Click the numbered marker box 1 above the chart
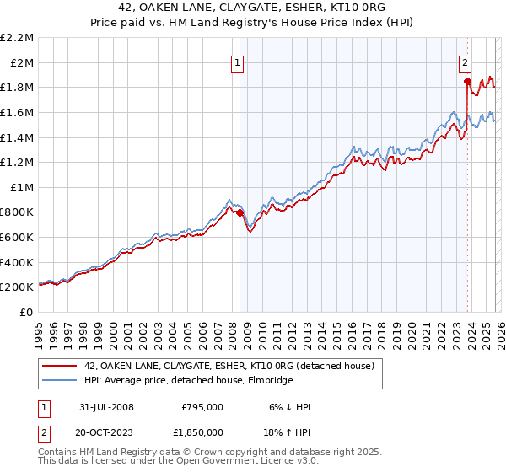click(x=237, y=62)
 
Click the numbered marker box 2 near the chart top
click(x=465, y=62)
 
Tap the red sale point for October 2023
click(x=466, y=81)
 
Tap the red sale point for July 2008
click(x=240, y=212)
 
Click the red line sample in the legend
click(x=61, y=366)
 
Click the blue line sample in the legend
click(x=61, y=381)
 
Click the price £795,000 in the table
click(x=202, y=407)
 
